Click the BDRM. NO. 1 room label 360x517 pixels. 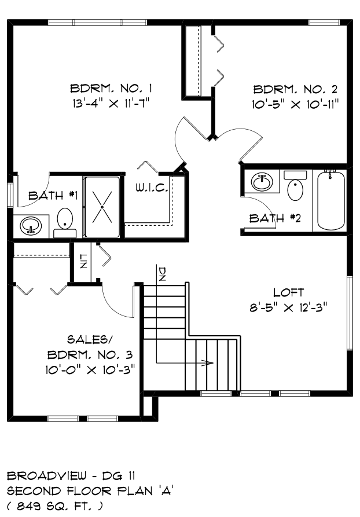111,89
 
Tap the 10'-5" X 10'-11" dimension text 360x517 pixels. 296,105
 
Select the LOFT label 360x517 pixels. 289,292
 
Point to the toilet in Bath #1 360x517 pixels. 65,222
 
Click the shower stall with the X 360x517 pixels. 102,207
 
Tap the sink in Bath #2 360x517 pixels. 262,182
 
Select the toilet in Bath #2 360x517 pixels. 295,186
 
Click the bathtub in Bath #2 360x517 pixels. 330,200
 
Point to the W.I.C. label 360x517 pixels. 152,188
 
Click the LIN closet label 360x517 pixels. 83,261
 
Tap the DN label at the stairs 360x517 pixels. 163,274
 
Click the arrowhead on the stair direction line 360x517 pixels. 208,363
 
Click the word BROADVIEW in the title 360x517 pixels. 46,475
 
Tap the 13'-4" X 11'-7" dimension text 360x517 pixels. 111,104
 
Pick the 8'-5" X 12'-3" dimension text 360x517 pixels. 288,307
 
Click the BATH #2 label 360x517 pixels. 275,218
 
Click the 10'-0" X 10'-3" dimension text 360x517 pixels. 91,369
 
